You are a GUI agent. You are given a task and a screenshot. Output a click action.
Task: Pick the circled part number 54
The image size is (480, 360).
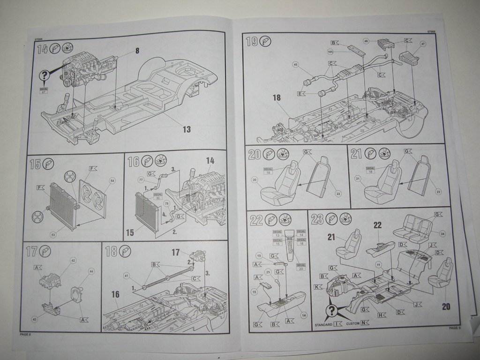112,180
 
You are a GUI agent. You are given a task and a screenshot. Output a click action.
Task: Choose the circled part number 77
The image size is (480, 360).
141,179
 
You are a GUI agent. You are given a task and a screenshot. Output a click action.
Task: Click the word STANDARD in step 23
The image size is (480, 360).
323,324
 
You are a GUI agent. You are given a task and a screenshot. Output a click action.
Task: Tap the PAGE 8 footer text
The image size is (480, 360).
25,334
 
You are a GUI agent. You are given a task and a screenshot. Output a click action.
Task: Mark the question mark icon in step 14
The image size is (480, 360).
45,75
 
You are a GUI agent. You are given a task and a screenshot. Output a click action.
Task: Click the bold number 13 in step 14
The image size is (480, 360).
187,129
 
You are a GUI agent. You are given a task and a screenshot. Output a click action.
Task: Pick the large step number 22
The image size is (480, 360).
255,219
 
